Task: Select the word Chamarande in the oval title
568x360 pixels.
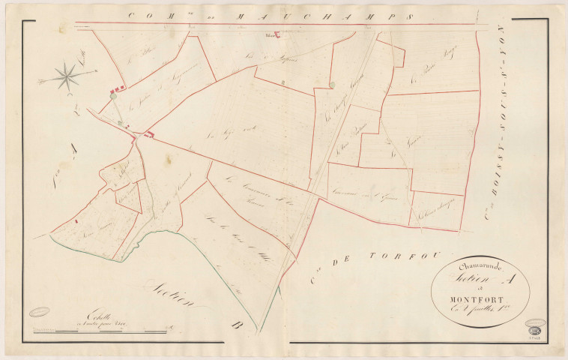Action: [x=477, y=267]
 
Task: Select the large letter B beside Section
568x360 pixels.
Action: [x=237, y=325]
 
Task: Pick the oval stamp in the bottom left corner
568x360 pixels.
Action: [x=39, y=312]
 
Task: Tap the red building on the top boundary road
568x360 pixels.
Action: [x=274, y=34]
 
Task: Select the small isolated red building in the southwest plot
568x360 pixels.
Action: [x=76, y=221]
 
